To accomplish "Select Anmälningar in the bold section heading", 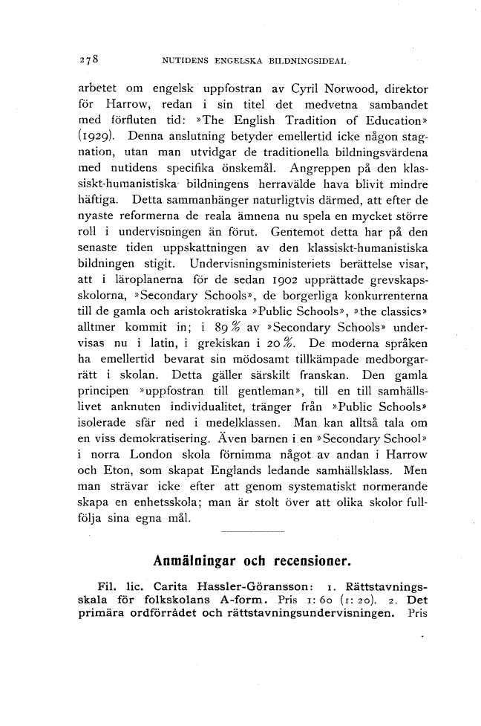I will pyautogui.click(x=195, y=559).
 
